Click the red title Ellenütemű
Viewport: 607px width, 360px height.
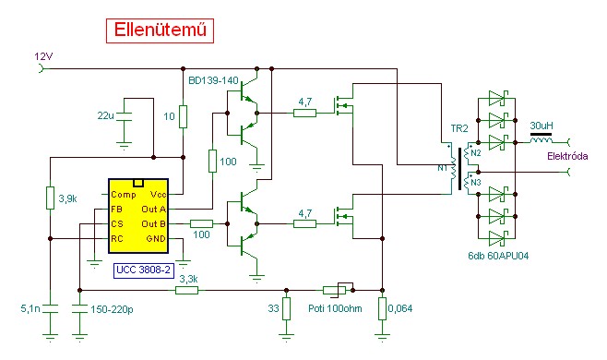pos(160,30)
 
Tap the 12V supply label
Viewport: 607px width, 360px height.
pos(43,56)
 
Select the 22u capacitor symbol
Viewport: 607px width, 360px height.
pos(124,117)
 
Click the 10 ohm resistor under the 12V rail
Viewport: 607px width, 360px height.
pos(183,116)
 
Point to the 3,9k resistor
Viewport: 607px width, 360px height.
pos(51,198)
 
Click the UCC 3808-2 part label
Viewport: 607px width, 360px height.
pos(143,270)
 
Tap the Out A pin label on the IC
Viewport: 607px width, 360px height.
pos(154,210)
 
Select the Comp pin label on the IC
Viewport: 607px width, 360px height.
pos(123,195)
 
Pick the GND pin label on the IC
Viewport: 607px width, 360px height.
pos(156,239)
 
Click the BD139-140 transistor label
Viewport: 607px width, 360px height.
pos(213,80)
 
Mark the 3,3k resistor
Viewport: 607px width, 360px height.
pos(187,290)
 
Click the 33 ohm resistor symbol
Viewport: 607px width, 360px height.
pos(286,308)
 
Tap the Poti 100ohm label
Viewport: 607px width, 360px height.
pos(335,308)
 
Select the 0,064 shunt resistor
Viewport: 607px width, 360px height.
pos(383,308)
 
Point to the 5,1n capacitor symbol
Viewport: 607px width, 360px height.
pos(51,309)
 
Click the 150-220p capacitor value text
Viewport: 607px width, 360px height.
pos(112,309)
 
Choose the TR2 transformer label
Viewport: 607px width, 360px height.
pos(459,128)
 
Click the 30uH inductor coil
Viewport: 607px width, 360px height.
pos(541,139)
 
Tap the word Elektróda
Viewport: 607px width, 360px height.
pos(567,156)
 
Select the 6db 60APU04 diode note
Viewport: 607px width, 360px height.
pos(498,256)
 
